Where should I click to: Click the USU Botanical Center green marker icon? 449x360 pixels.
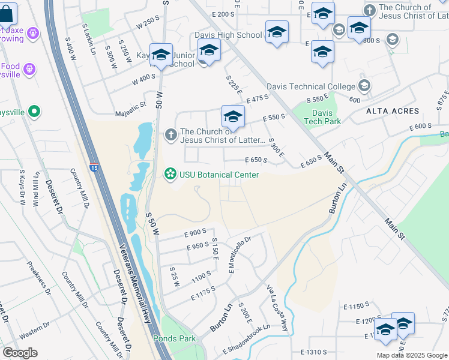click(170, 175)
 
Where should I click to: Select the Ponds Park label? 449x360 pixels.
click(174, 338)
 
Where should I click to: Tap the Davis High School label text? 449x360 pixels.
click(228, 35)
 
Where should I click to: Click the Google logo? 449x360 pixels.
click(20, 352)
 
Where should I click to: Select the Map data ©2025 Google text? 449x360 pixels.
click(412, 355)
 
